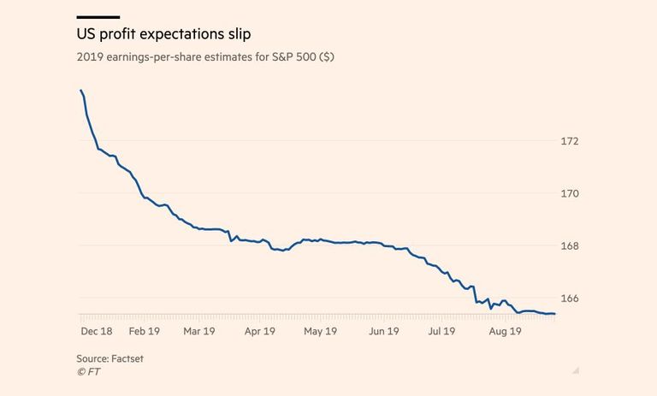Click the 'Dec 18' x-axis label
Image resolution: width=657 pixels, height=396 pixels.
click(96, 331)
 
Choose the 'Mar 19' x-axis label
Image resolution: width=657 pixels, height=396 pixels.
click(198, 331)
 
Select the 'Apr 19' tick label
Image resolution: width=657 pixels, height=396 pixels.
click(258, 331)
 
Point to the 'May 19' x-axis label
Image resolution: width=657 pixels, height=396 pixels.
click(320, 331)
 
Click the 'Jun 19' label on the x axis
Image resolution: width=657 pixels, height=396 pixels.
click(383, 331)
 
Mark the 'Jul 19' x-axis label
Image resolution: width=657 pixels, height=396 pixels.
click(442, 331)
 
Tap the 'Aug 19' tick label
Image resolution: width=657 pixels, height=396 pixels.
click(504, 331)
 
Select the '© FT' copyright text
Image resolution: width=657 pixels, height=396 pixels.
click(88, 372)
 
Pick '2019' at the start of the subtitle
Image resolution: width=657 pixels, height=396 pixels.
click(89, 59)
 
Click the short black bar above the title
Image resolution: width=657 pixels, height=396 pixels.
click(98, 16)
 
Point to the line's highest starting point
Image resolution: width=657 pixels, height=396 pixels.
click(80, 91)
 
